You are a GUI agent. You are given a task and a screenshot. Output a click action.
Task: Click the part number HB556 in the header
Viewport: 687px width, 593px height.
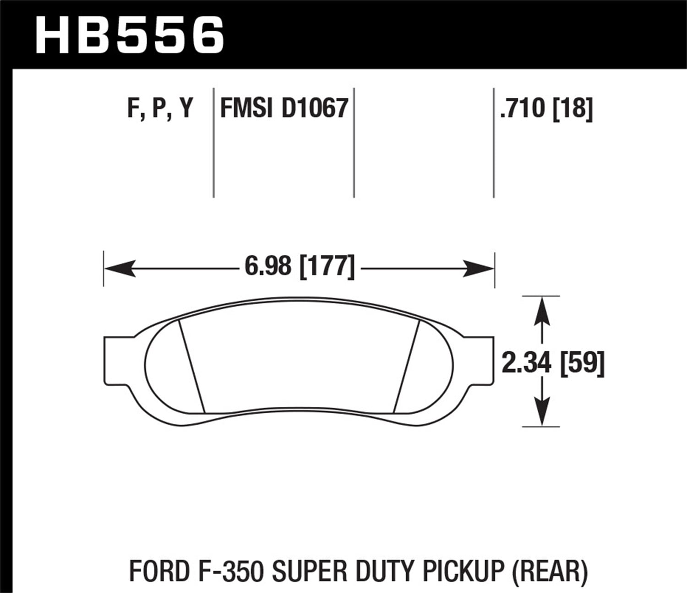130,34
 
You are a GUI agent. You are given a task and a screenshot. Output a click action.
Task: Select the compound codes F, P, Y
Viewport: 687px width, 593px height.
160,109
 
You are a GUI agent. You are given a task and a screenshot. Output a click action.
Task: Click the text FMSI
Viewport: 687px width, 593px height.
246,109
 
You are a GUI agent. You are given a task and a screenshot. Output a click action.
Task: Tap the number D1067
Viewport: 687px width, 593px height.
315,109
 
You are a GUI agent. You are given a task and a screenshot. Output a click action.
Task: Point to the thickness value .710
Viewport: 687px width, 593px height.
523,109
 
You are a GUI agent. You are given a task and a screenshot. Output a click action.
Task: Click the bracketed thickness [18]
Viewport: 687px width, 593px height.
572,109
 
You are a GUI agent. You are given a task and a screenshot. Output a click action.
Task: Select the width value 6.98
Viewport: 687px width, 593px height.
267,266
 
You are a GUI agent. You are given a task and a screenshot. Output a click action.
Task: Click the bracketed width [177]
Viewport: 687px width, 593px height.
327,266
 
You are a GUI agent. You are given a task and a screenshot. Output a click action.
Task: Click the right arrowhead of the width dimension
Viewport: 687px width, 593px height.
479,269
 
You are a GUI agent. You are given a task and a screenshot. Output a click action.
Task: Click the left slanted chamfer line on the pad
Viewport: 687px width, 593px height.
191,366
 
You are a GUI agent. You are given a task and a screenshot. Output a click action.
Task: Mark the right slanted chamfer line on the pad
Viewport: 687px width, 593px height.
407,366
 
